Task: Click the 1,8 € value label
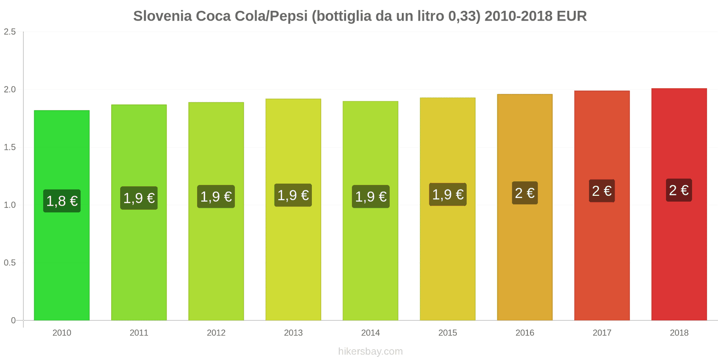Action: pyautogui.click(x=62, y=201)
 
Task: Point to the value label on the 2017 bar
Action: pyautogui.click(x=602, y=191)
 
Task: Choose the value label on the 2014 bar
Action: pyautogui.click(x=371, y=196)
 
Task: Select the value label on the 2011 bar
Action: pyautogui.click(x=139, y=198)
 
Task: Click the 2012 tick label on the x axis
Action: pyautogui.click(x=216, y=333)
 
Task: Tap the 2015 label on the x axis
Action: pyautogui.click(x=448, y=333)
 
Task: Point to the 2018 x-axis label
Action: pyautogui.click(x=679, y=333)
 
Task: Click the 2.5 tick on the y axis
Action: pyautogui.click(x=10, y=31)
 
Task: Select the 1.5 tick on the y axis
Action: pyautogui.click(x=10, y=147)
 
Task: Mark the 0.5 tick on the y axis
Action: pyautogui.click(x=10, y=262)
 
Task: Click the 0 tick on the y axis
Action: pyautogui.click(x=13, y=320)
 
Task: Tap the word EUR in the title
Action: pyautogui.click(x=571, y=16)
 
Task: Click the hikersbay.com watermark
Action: pyautogui.click(x=370, y=351)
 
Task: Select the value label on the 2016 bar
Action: pyautogui.click(x=525, y=193)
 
